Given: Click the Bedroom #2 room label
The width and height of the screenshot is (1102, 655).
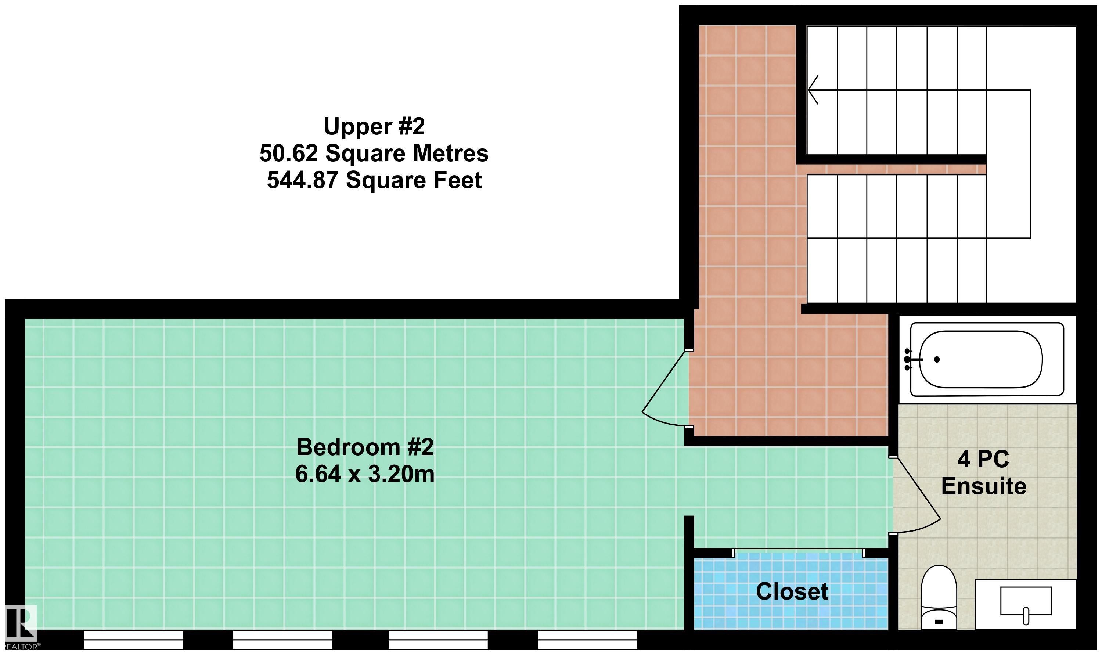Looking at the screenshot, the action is pos(365,447).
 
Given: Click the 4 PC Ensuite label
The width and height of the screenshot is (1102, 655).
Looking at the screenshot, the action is pos(984,473).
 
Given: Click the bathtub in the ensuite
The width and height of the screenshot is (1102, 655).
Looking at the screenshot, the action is pos(987,359).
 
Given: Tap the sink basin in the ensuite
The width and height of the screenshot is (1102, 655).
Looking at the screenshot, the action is pos(1026,601).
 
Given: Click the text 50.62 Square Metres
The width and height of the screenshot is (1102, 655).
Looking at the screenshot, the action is pos(374,154).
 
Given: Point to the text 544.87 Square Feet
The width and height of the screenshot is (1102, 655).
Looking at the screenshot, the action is pos(374,180).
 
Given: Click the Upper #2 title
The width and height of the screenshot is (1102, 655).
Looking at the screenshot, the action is pos(374,127).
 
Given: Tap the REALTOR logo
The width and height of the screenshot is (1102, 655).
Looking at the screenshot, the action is pos(20,626).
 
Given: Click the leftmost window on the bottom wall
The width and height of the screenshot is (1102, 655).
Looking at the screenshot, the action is pos(133,640).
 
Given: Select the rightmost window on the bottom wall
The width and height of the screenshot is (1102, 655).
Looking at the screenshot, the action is pos(587,640).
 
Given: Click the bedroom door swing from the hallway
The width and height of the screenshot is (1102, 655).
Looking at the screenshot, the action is pos(661,388).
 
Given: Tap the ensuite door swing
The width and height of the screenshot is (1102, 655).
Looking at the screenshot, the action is pos(918,494).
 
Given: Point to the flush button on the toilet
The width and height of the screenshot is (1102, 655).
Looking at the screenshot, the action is pos(939,622).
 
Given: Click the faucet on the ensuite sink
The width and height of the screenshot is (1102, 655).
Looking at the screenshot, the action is pos(1026,616).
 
